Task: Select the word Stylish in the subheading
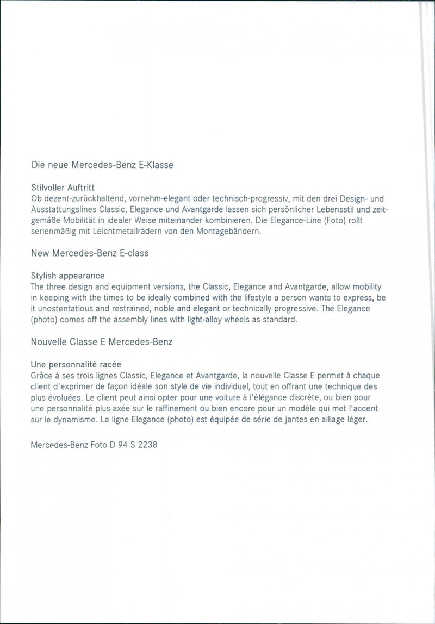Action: coord(45,276)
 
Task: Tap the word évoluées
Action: coord(67,397)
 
